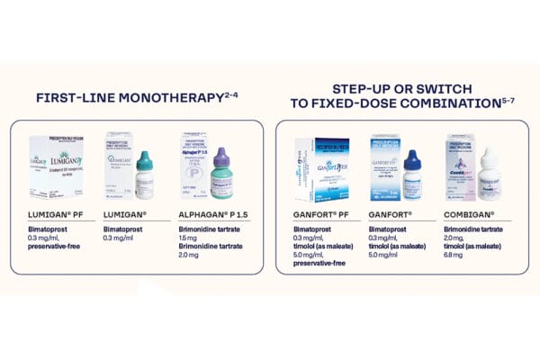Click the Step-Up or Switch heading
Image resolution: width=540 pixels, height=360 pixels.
pyautogui.click(x=402, y=96)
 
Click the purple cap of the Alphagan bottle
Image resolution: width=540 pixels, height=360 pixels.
pyautogui.click(x=221, y=157)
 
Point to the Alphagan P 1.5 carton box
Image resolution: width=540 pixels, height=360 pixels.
pyautogui.click(x=196, y=166)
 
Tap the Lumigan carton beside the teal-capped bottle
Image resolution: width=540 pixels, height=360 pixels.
pyautogui.click(x=121, y=166)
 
